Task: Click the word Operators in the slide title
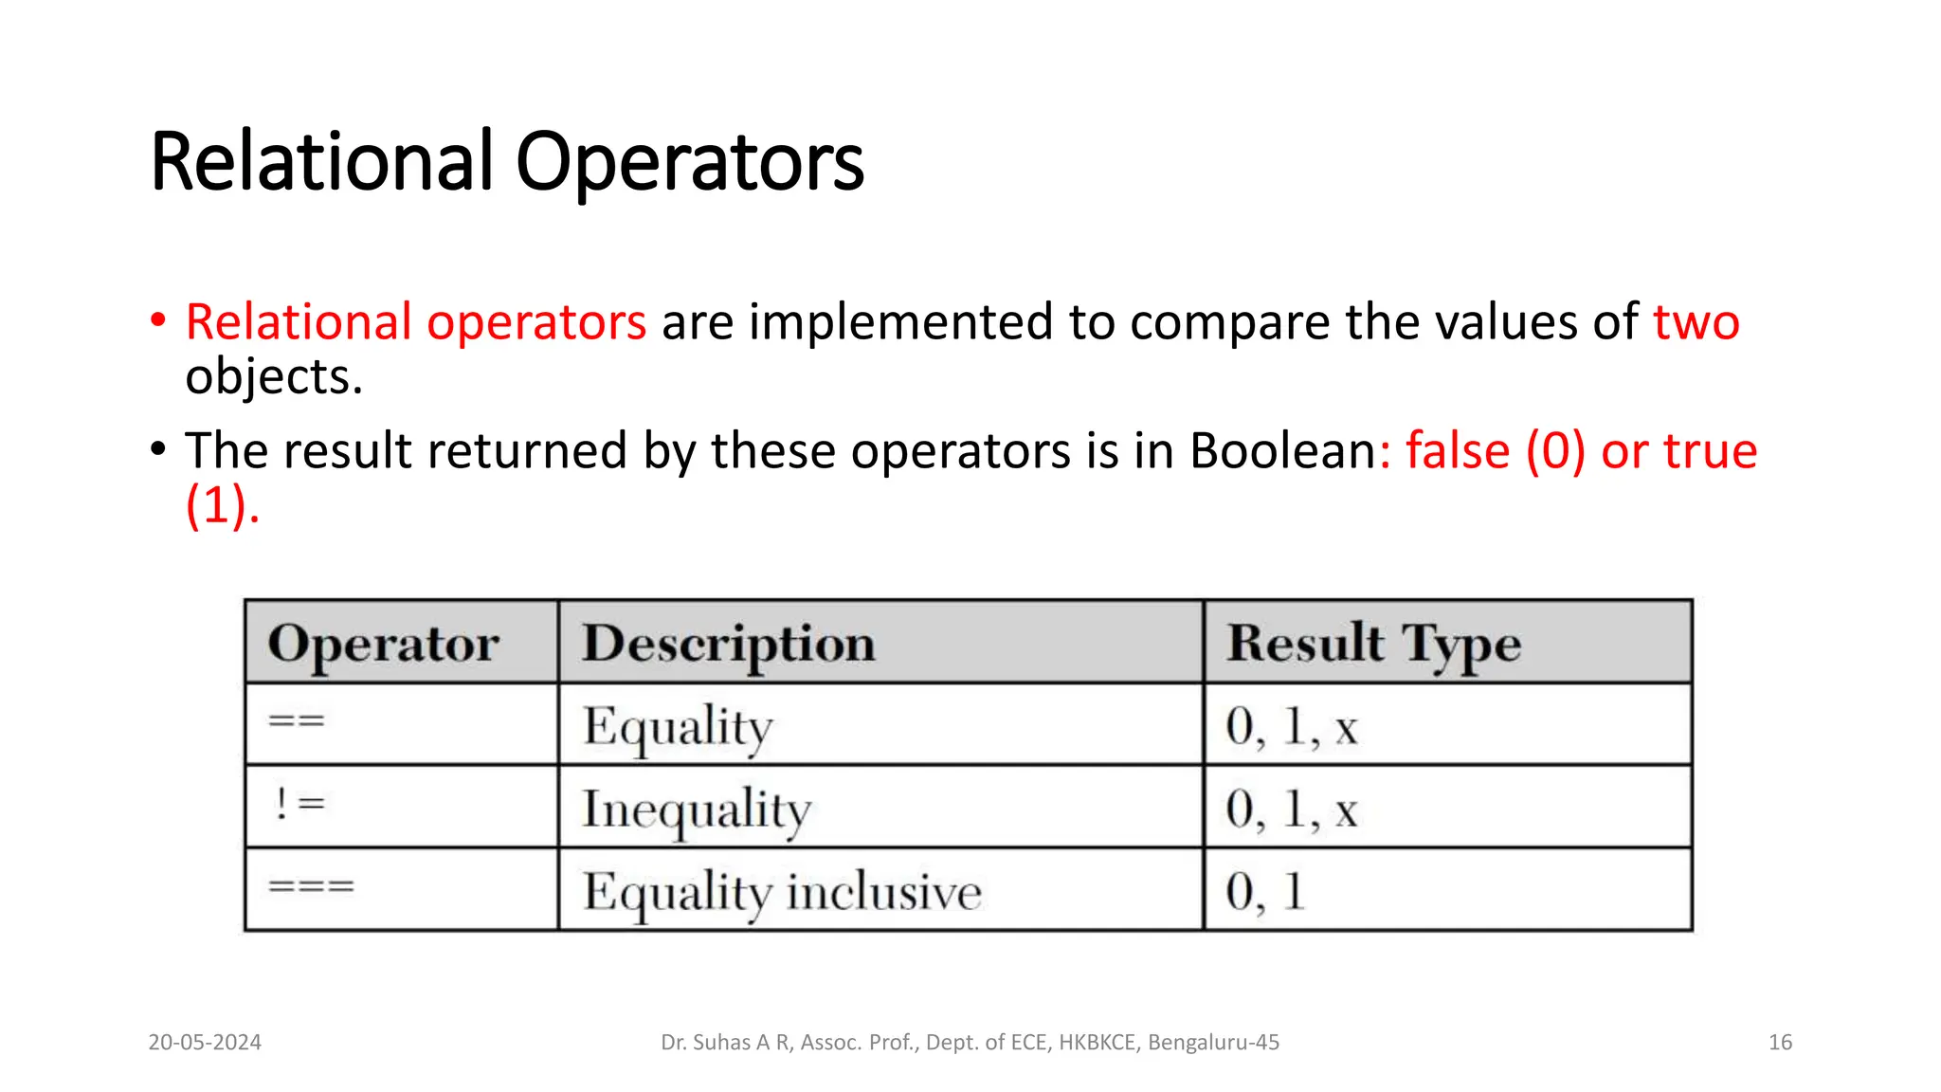tap(689, 163)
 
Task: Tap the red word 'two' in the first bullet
tap(1696, 322)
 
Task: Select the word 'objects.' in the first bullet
tap(274, 377)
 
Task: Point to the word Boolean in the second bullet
tap(1282, 450)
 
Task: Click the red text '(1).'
tap(222, 505)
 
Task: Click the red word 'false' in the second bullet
tap(1457, 450)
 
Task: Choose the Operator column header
tap(383, 644)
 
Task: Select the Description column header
tap(728, 644)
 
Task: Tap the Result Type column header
tap(1373, 644)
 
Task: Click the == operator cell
tap(297, 722)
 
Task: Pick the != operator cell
tap(299, 805)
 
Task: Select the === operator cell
tap(311, 887)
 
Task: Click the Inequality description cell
tap(697, 810)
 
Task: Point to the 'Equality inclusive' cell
tap(782, 892)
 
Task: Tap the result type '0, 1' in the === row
tap(1265, 892)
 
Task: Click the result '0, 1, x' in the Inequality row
tap(1291, 810)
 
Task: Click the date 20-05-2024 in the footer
tap(205, 1043)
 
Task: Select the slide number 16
tap(1780, 1043)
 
